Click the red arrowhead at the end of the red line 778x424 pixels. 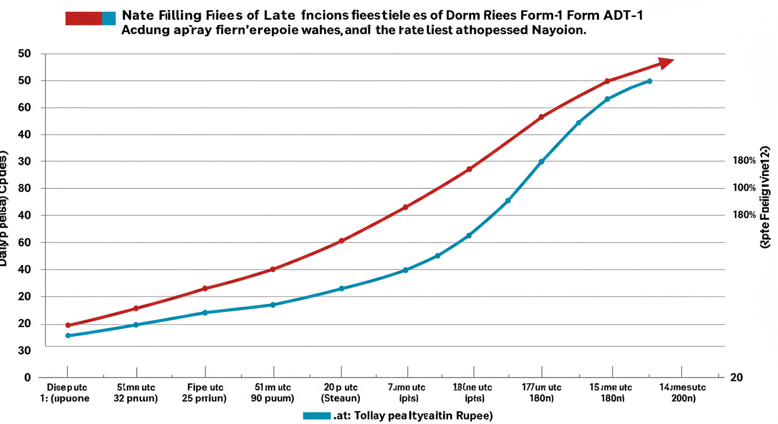[666, 62]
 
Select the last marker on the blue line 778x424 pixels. [649, 81]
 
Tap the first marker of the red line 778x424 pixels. [68, 325]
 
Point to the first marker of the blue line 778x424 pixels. [68, 336]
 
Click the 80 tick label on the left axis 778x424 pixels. [24, 188]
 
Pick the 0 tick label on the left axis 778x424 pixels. [27, 378]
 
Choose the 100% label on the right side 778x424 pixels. [744, 188]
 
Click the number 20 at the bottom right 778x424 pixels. [737, 378]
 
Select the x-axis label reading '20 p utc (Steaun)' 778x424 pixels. [340, 393]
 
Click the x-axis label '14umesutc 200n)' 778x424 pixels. [682, 393]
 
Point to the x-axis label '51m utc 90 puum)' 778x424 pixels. [273, 393]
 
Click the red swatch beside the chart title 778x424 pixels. [83, 18]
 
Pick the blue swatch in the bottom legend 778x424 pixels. [317, 415]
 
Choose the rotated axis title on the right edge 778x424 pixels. [765, 197]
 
